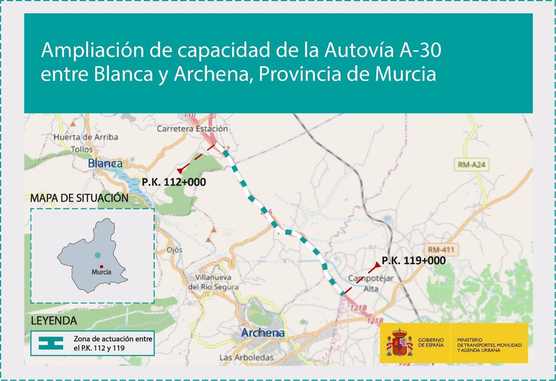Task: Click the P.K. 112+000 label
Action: pos(174,182)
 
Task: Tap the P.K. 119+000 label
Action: pos(414,261)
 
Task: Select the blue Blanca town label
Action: pos(105,163)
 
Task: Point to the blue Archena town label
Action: pos(263,333)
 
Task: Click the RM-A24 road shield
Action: pos(471,165)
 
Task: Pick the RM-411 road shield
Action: pos(441,250)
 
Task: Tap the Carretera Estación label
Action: pos(192,129)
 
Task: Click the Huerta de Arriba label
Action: pos(86,137)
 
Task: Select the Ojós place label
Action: pos(174,250)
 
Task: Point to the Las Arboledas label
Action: pos(246,358)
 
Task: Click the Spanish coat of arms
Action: pos(400,343)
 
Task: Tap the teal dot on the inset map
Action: pos(98,255)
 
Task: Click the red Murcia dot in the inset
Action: pos(101,267)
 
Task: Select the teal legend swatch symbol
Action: pos(51,343)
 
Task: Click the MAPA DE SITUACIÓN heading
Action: pos(79,198)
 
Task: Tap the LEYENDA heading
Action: pos(54,321)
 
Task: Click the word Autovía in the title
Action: pos(359,50)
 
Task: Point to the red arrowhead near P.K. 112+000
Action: pos(180,171)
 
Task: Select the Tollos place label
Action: pos(82,149)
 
